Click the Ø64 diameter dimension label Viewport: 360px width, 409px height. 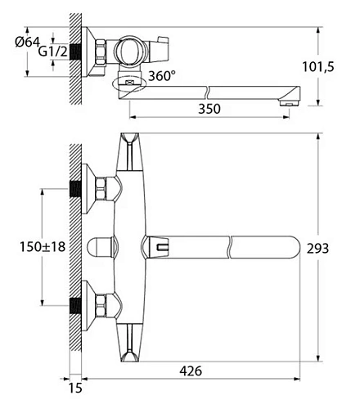pos(27,42)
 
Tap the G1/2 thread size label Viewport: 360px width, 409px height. pos(52,52)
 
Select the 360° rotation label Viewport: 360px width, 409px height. pos(162,75)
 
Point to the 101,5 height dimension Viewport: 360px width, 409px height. pos(317,67)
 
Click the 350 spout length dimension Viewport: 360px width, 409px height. pos(209,109)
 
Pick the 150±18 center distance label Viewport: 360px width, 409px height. pos(43,247)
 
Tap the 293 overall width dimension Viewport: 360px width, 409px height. pos(317,248)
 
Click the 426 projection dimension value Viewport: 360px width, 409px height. pos(191,371)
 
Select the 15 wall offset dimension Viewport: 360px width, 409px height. pos(75,388)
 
